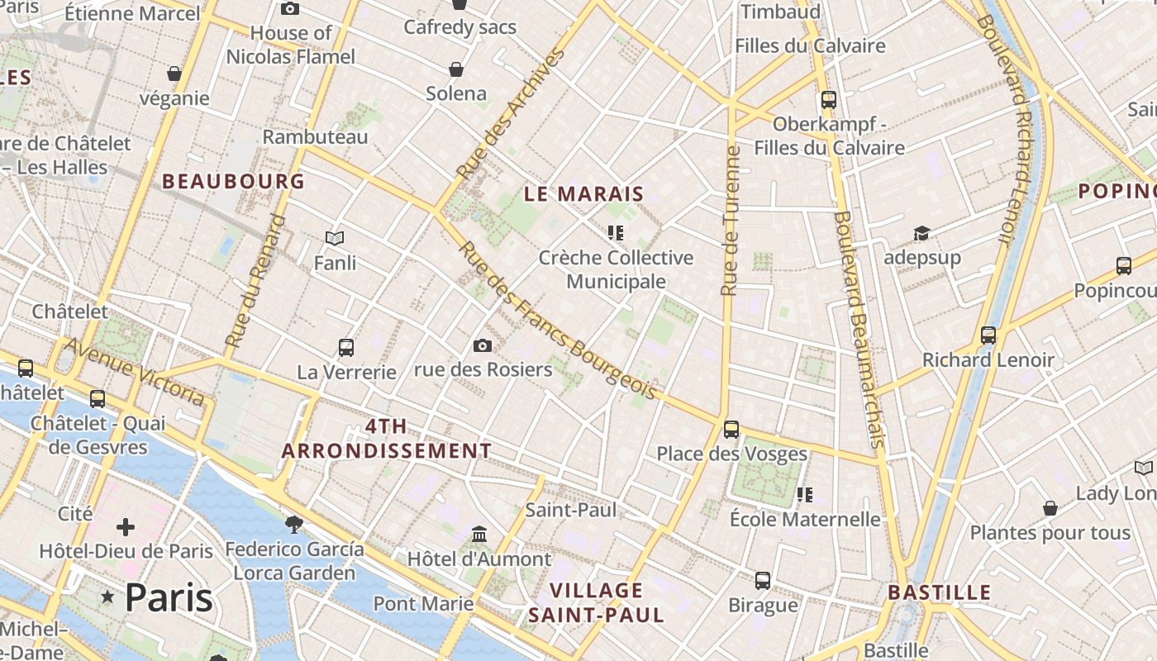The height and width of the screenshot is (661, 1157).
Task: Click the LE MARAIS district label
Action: click(x=583, y=194)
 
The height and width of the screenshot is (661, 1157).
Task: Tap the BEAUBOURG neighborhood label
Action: click(x=233, y=181)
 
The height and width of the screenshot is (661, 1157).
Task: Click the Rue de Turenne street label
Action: click(x=729, y=221)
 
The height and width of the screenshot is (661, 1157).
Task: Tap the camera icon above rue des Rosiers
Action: click(x=483, y=345)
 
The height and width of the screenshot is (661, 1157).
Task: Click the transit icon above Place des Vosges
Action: click(x=731, y=429)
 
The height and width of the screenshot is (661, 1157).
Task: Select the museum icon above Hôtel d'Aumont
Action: click(x=479, y=535)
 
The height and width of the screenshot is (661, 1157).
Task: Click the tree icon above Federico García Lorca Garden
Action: click(x=293, y=524)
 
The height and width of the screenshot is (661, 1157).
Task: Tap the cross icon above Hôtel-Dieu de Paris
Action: click(x=126, y=526)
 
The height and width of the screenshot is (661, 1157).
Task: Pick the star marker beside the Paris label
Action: click(x=107, y=597)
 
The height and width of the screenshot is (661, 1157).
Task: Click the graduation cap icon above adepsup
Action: click(x=921, y=234)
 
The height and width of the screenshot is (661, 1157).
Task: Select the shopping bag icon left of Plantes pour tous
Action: click(x=1050, y=507)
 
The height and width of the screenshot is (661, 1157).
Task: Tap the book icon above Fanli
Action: click(x=335, y=239)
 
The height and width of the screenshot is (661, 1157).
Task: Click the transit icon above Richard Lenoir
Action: click(x=988, y=335)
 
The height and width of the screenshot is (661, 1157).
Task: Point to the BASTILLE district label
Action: click(x=939, y=592)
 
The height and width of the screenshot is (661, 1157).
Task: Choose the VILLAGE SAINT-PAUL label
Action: click(x=596, y=602)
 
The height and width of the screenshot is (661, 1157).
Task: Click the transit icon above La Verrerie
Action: click(x=346, y=348)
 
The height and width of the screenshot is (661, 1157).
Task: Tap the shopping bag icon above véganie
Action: click(x=174, y=74)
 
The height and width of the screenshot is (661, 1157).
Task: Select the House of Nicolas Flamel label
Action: click(x=291, y=45)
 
